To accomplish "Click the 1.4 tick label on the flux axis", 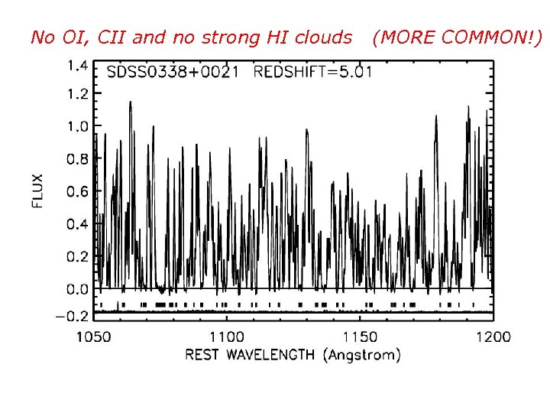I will click(78, 66).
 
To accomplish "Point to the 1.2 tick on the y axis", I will click(78, 94).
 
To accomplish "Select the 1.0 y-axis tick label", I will click(78, 126).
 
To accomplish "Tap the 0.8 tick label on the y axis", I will click(78, 159).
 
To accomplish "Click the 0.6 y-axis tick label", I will click(78, 192).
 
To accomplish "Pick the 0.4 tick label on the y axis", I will click(78, 224).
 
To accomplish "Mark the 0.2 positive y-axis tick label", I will click(78, 257).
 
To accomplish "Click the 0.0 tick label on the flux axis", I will click(78, 289).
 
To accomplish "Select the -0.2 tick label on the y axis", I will click(73, 316).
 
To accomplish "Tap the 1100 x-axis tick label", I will click(227, 337).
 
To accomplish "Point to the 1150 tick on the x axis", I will click(360, 337).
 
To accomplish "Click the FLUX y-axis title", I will click(38, 191).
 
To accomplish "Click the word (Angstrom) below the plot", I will click(361, 356).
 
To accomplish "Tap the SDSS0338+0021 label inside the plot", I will click(173, 73).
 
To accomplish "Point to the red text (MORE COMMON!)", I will click(456, 37).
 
